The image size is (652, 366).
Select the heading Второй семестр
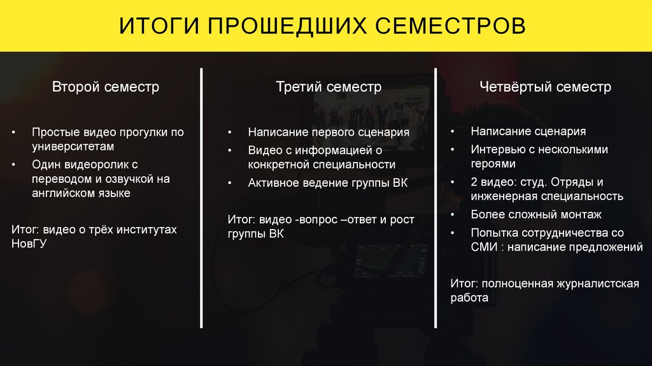click(x=106, y=87)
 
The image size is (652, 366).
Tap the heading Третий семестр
click(x=329, y=87)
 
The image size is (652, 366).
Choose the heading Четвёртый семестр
click(x=546, y=87)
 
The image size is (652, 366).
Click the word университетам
click(x=73, y=147)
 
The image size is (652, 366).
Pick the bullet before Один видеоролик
click(x=14, y=165)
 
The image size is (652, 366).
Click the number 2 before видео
click(x=474, y=182)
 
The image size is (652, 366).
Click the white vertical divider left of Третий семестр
click(x=201, y=198)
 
